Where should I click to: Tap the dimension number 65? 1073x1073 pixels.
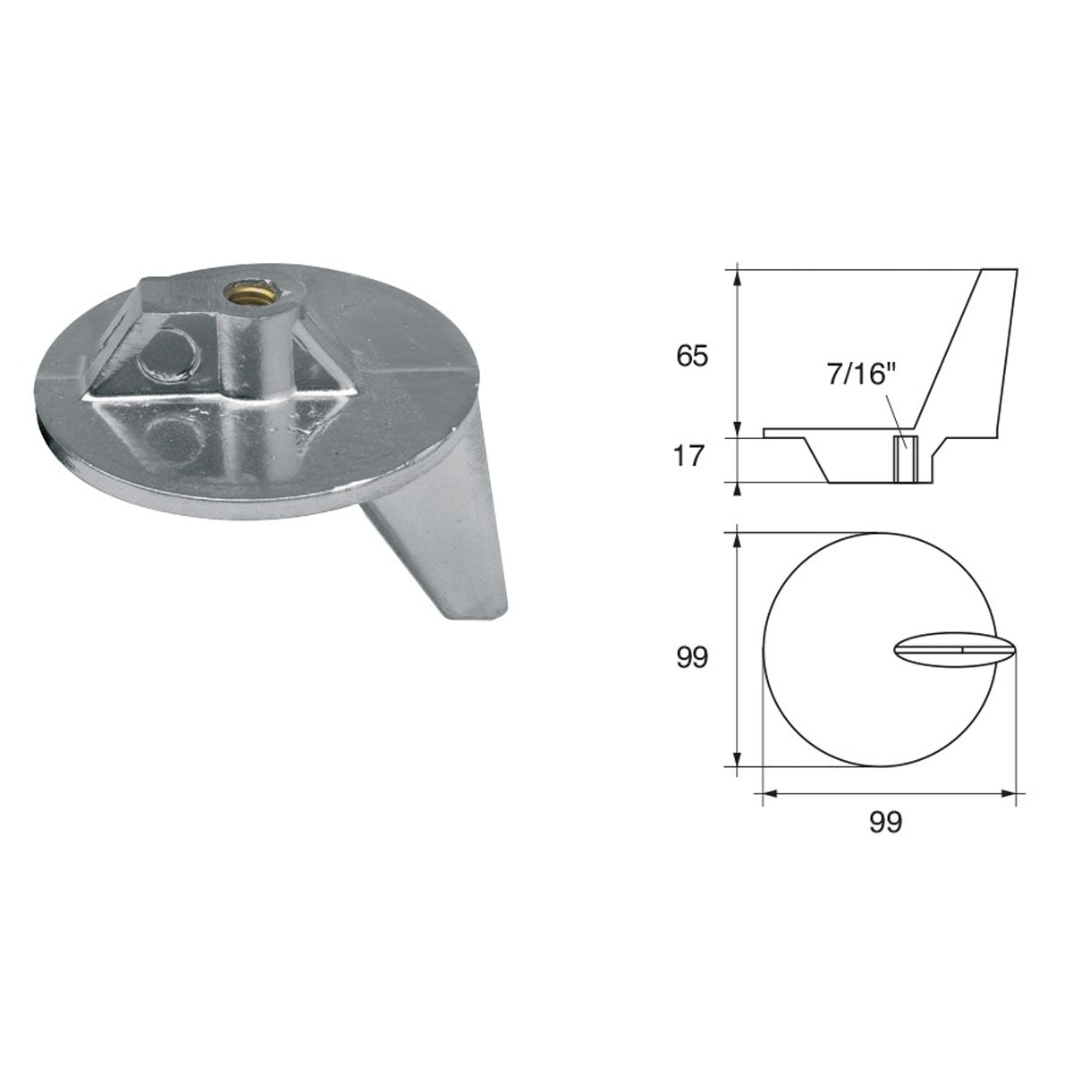point(692,356)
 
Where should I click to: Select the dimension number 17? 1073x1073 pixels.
point(692,458)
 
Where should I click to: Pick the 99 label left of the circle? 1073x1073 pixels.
point(692,658)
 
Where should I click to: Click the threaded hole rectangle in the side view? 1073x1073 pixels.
point(906,459)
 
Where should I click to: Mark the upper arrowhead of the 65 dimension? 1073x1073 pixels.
point(737,275)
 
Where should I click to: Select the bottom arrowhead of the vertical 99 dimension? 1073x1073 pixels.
point(737,759)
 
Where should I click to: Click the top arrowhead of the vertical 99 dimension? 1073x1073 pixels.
point(737,540)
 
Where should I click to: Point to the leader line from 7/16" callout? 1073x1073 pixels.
point(894,413)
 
